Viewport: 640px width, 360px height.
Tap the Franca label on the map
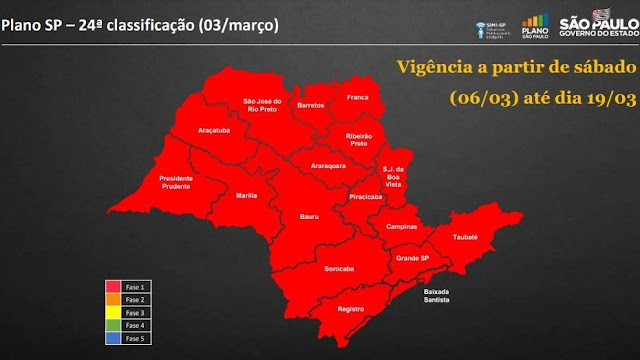(358, 98)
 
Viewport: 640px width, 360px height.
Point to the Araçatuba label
(215, 130)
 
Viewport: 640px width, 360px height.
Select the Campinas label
(401, 227)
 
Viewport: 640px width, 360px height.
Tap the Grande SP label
(412, 259)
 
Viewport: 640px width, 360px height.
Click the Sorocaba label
(341, 269)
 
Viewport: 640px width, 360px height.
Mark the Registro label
(348, 309)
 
